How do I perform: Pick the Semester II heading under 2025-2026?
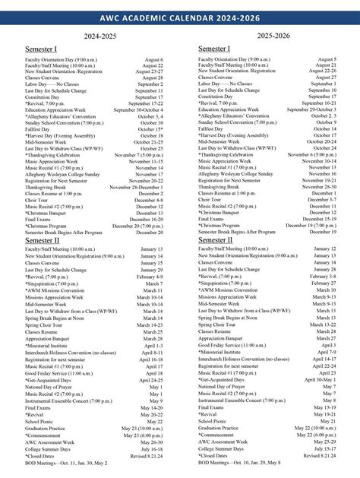point(216,239)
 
